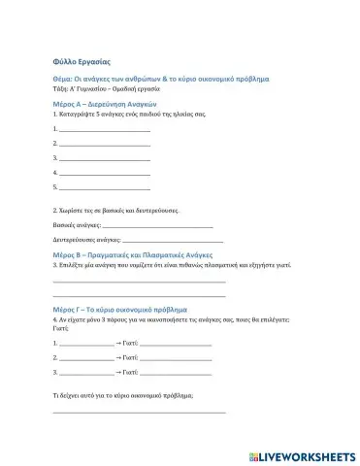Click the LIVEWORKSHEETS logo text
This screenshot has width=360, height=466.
tap(308, 455)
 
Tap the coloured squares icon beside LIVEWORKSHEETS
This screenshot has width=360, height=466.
tap(254, 455)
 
